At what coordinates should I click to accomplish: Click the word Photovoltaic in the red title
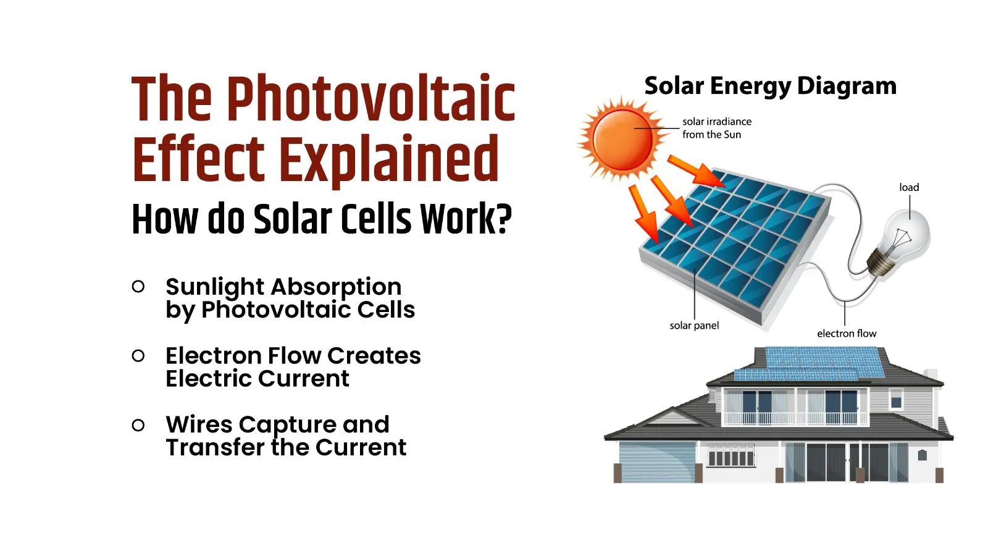(371, 99)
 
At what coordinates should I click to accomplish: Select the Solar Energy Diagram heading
(770, 86)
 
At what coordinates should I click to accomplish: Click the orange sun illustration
(622, 138)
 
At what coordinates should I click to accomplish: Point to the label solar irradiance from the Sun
(716, 128)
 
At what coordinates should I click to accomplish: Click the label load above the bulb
(908, 187)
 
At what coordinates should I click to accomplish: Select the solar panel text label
(694, 326)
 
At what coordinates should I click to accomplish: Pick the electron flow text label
(847, 334)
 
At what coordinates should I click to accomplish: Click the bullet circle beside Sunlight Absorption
(138, 286)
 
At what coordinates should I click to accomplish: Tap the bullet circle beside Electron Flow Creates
(138, 355)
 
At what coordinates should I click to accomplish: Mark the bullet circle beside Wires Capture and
(138, 424)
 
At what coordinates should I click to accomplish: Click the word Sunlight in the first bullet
(215, 287)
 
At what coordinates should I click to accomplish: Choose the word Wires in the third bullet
(199, 424)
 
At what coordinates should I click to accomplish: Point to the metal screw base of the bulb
(880, 263)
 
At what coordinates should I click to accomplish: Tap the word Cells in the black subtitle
(377, 219)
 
